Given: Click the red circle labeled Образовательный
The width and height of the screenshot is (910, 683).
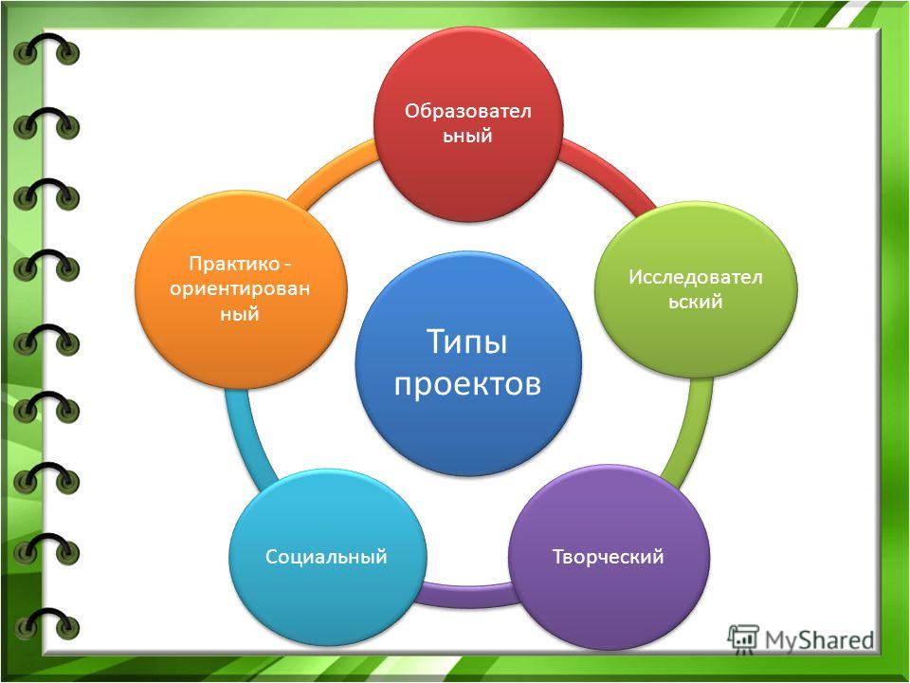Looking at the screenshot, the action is click(x=467, y=123).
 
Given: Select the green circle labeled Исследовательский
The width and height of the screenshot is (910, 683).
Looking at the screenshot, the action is click(x=696, y=289).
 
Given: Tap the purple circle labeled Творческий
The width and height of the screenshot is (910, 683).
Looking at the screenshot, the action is click(x=609, y=557).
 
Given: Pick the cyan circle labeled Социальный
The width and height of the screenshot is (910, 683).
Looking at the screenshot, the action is click(x=327, y=557).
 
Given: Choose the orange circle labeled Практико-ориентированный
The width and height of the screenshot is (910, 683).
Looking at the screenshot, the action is click(x=241, y=289).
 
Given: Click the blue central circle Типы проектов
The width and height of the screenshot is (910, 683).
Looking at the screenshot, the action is click(x=467, y=363).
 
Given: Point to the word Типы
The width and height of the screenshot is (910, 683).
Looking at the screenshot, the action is click(x=467, y=342).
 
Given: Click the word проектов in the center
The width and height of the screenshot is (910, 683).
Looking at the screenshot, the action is click(x=467, y=383).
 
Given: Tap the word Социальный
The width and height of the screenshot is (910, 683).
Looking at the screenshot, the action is click(x=326, y=557).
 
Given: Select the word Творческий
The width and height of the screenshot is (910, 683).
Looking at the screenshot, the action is click(x=609, y=557).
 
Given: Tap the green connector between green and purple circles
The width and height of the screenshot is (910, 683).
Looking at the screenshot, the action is click(x=691, y=431).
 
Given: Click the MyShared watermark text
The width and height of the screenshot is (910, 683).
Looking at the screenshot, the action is click(x=819, y=640).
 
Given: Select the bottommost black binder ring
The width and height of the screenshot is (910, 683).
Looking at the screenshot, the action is click(x=46, y=623).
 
